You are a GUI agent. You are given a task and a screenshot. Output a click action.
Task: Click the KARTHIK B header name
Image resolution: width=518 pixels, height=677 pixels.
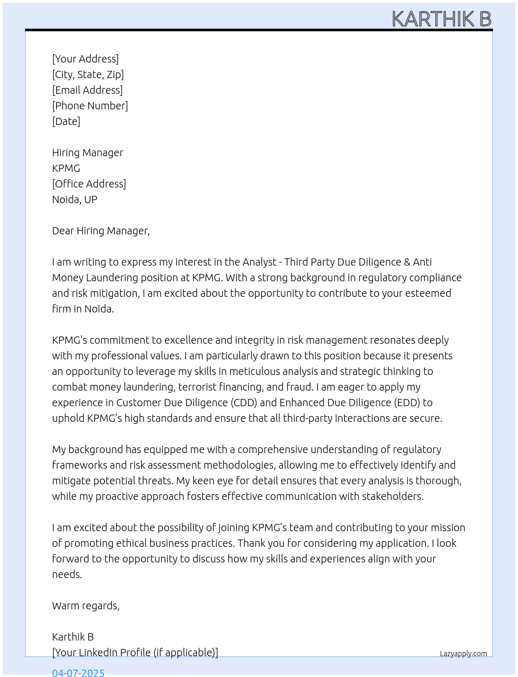441,19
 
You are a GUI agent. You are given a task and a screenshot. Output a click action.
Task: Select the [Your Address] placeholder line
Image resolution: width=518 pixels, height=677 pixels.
85,59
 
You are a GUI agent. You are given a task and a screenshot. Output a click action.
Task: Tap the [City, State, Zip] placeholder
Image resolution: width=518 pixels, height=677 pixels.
88,74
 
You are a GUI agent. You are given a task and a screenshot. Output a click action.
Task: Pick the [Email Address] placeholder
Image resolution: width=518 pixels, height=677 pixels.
87,90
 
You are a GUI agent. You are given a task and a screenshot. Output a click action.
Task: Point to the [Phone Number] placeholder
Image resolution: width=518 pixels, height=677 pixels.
90,106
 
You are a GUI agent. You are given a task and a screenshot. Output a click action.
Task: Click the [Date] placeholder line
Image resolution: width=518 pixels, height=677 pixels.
66,121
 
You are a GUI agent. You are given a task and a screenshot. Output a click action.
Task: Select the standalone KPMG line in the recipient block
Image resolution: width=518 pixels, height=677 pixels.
66,168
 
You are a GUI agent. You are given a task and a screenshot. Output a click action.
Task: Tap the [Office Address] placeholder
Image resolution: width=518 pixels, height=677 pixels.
89,184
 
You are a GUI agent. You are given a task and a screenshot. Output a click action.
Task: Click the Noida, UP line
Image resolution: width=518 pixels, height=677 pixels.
74,199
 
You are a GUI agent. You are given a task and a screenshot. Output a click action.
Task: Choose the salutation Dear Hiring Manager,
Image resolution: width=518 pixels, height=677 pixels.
101,231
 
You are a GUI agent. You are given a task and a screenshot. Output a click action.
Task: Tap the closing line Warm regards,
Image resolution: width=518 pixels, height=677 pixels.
86,606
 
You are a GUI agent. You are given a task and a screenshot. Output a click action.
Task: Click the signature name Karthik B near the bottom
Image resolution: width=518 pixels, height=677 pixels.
73,637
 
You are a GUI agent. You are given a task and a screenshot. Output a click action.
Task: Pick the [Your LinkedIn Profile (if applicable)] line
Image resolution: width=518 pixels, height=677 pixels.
135,653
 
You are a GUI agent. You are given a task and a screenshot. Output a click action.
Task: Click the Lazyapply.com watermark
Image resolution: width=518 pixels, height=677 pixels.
463,654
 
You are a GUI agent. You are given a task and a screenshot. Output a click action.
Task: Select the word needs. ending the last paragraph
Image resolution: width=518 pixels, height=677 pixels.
67,574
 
